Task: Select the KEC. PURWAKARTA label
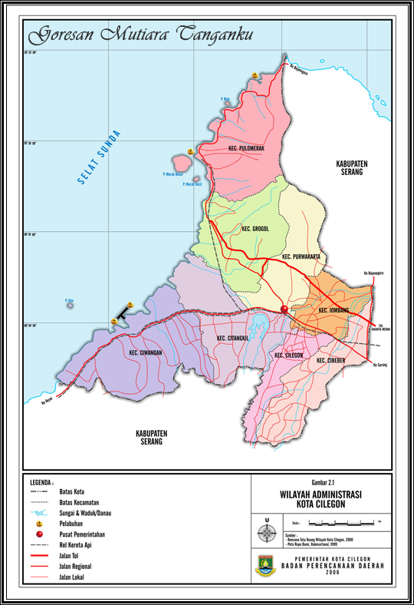[301, 256]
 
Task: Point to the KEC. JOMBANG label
[333, 309]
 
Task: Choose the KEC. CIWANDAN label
[146, 352]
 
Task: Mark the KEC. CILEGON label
[288, 356]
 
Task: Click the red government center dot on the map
[284, 309]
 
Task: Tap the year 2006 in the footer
[332, 573]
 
